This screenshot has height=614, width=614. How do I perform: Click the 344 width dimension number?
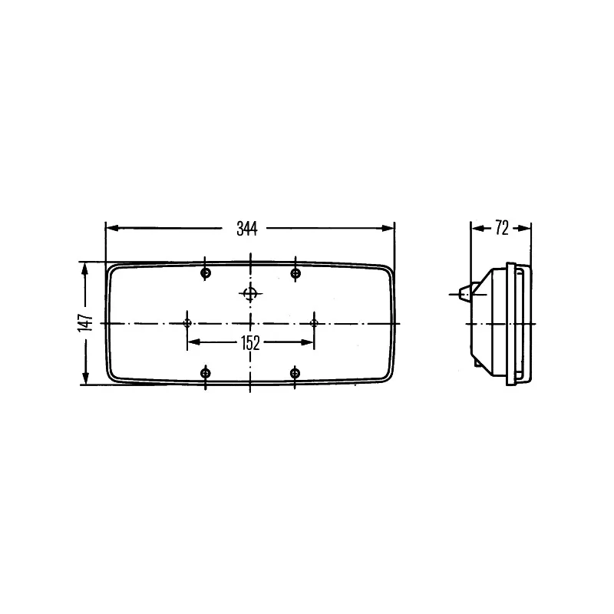coord(246,229)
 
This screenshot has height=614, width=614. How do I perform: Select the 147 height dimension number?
coord(85,322)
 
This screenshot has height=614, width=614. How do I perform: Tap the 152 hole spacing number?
coord(250,343)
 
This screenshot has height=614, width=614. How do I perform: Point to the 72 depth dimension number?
coord(502,228)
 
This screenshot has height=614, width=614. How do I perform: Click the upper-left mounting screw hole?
coord(206,273)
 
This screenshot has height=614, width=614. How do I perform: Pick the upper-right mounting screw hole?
coord(295,273)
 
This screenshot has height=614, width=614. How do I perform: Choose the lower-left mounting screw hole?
coord(206,373)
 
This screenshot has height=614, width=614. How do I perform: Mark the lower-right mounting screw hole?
coord(295,373)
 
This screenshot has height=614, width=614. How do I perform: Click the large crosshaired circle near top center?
coord(250,293)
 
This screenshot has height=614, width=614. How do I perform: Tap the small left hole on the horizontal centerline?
coord(187,323)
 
